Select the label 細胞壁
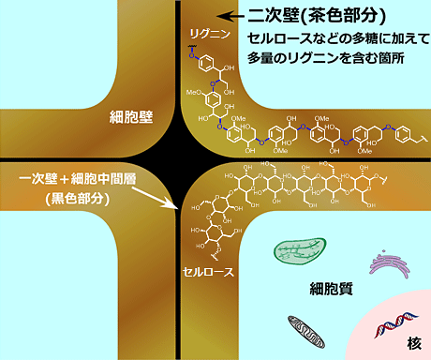[130, 117]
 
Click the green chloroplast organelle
[302, 251]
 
